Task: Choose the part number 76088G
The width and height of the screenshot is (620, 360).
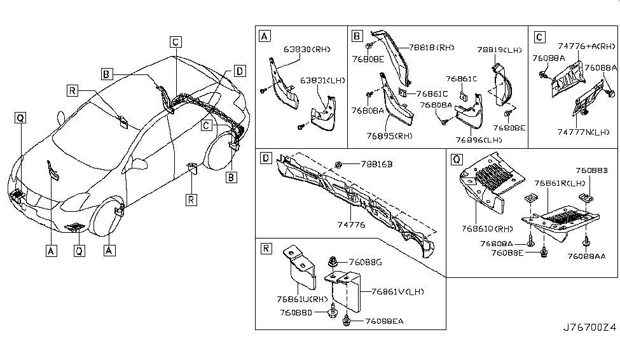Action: coord(365,262)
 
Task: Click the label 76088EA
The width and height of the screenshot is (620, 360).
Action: coord(383,321)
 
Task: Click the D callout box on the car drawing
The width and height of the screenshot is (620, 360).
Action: coord(238,71)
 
